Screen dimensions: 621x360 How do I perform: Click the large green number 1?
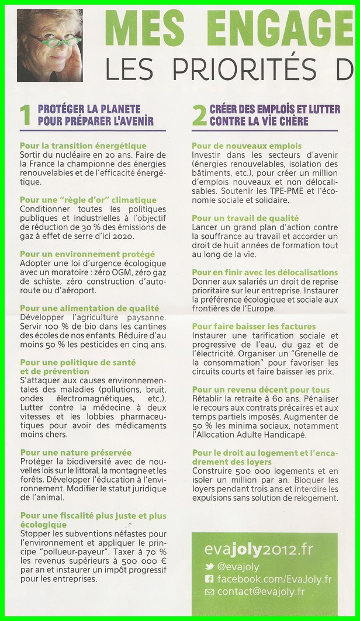point(25,115)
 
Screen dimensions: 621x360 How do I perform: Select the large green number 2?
point(199,115)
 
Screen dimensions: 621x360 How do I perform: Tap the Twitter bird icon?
point(209,567)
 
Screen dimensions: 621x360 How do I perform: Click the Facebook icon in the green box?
point(209,580)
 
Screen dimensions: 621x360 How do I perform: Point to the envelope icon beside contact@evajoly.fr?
point(209,592)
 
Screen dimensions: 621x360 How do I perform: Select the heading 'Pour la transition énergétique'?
point(83,146)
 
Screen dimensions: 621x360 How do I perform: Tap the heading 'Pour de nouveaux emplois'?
point(247,146)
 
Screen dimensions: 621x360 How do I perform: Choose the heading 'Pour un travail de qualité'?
point(245,218)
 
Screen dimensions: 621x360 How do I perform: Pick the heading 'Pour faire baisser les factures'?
point(254,327)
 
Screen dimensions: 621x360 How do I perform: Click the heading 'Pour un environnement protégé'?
point(88,254)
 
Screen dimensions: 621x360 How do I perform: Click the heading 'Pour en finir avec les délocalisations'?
point(265,272)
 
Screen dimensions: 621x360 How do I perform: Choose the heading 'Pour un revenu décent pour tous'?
point(261,390)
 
